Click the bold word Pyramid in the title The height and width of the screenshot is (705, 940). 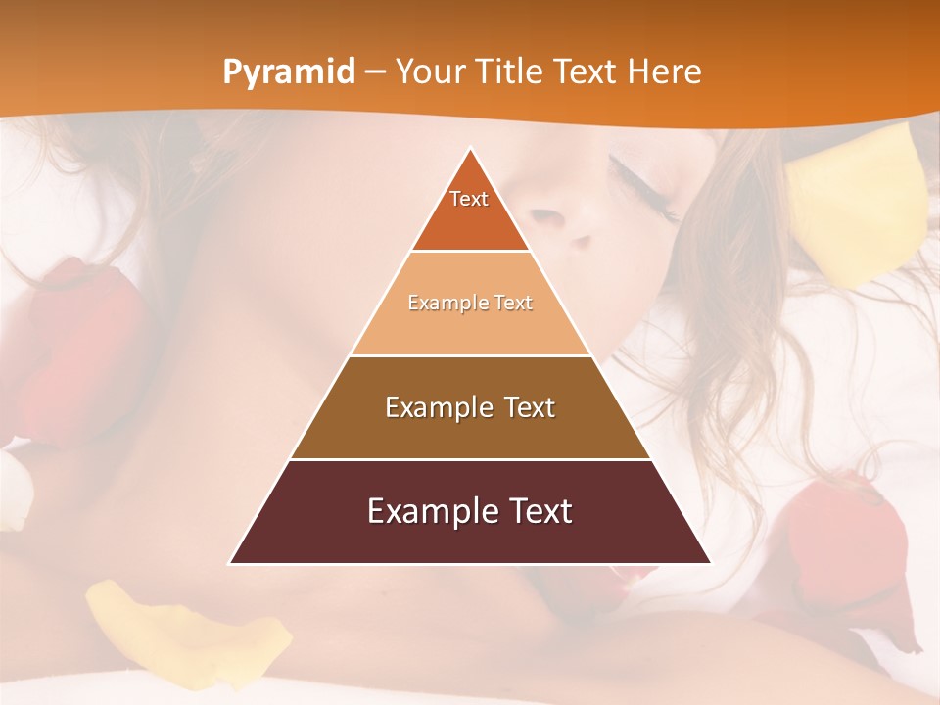tap(289, 72)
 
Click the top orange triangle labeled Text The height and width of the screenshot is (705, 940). tap(470, 211)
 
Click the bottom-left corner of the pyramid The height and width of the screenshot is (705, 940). tap(231, 562)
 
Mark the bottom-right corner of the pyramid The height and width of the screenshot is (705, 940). tap(709, 562)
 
